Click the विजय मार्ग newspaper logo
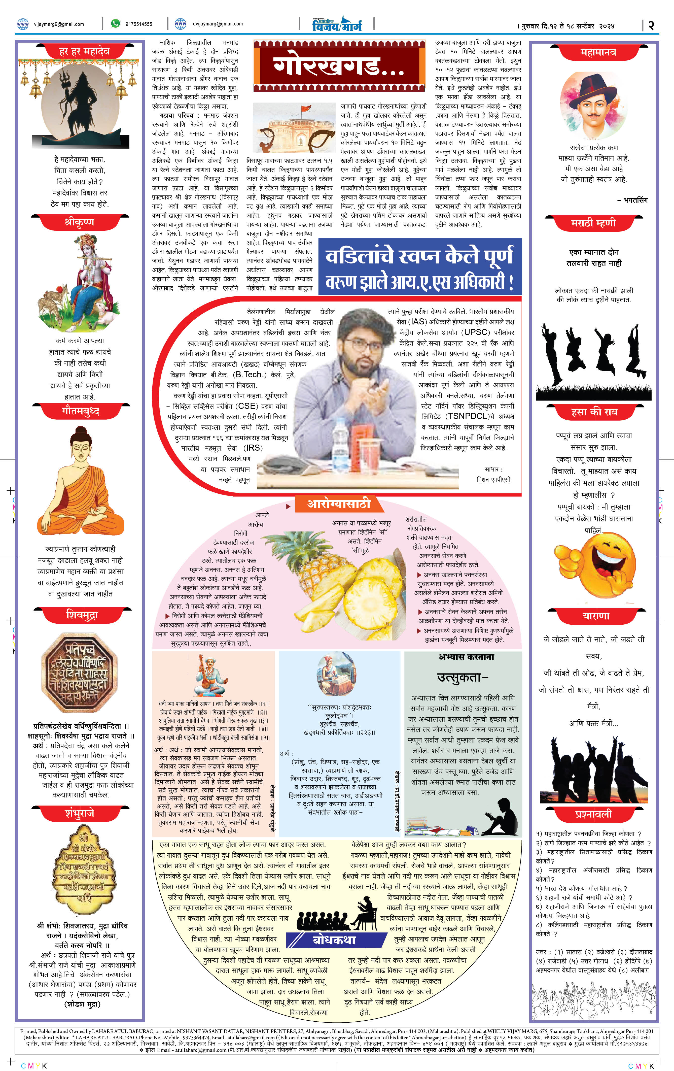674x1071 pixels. (337, 24)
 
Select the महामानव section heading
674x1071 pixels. (598, 52)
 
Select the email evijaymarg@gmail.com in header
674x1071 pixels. (217, 24)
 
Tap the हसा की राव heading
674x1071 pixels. (594, 412)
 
